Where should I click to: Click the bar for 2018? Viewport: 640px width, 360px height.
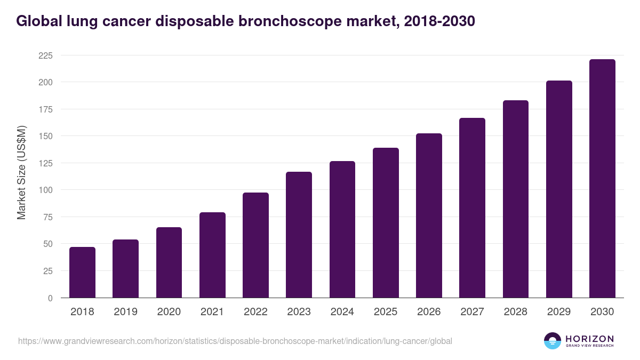coord(82,273)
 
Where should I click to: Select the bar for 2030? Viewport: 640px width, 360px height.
coord(602,179)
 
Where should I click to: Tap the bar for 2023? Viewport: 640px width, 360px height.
coord(299,235)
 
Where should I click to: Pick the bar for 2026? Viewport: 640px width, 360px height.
coord(429,215)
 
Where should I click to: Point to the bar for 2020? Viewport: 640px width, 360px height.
coord(169,262)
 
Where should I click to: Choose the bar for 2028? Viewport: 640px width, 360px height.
coord(516,199)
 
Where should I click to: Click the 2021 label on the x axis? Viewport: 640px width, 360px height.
coord(212,312)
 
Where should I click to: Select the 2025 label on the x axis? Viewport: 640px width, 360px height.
coord(386,312)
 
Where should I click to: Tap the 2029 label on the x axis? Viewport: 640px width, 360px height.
coord(559,312)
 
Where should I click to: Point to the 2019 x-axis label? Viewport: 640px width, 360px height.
coord(125,312)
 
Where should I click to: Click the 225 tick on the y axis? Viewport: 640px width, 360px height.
coord(45,55)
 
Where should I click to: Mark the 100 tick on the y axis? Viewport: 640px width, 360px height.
coord(45,190)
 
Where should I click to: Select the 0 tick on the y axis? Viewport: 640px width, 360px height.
coord(50,298)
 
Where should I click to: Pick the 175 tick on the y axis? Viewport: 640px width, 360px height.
coord(45,109)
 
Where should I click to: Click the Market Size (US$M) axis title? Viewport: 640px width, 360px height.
coord(21,172)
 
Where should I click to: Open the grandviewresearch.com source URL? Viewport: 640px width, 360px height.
coord(235,341)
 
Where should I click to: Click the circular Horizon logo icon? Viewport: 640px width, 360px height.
coord(553,341)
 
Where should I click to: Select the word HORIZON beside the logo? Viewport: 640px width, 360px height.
coord(589,338)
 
